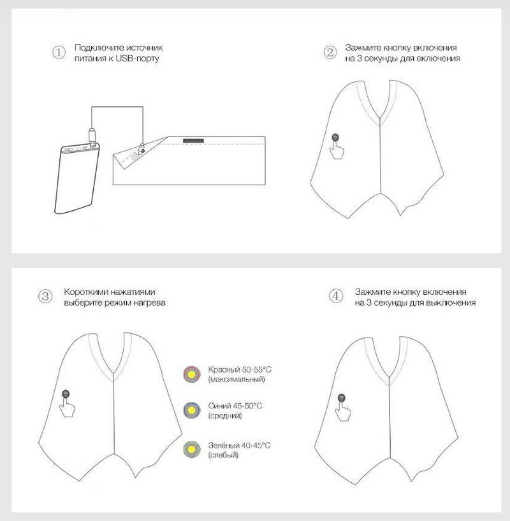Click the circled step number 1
[59, 52]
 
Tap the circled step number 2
[330, 52]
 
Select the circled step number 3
[45, 296]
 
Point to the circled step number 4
[336, 296]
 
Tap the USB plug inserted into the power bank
[93, 137]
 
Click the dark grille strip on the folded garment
[193, 141]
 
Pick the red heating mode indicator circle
[192, 375]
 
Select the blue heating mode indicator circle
[192, 410]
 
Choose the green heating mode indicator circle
[192, 450]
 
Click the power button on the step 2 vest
[335, 137]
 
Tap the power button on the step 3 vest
[66, 394]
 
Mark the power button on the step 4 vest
[341, 397]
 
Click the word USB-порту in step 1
[138, 59]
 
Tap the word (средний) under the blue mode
[225, 416]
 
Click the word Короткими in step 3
[86, 292]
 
